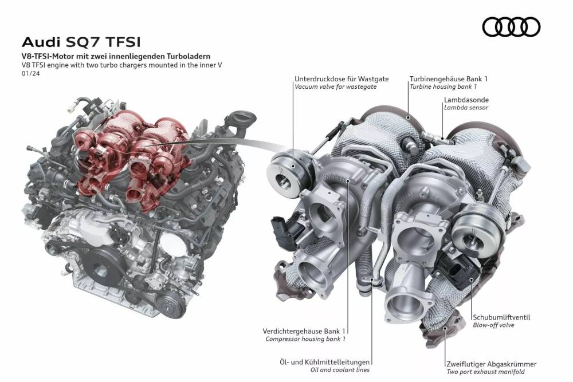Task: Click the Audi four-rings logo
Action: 511,27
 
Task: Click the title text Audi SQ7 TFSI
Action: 81,42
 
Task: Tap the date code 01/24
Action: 31,73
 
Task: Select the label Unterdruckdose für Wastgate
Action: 342,79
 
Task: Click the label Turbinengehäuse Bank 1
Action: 449,79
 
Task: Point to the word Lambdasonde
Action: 466,100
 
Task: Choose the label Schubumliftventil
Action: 501,317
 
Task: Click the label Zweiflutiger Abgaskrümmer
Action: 492,364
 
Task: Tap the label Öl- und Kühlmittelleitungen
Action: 324,363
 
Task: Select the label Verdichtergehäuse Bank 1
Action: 304,331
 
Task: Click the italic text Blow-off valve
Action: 493,325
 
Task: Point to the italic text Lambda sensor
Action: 466,107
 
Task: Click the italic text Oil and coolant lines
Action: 340,370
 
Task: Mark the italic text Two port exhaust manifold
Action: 486,372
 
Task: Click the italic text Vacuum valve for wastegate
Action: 335,87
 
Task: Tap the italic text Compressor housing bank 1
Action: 305,339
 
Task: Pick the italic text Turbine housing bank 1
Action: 443,87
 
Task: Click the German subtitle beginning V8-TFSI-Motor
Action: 116,57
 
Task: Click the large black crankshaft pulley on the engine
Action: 100,270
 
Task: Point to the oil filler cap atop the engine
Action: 244,117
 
